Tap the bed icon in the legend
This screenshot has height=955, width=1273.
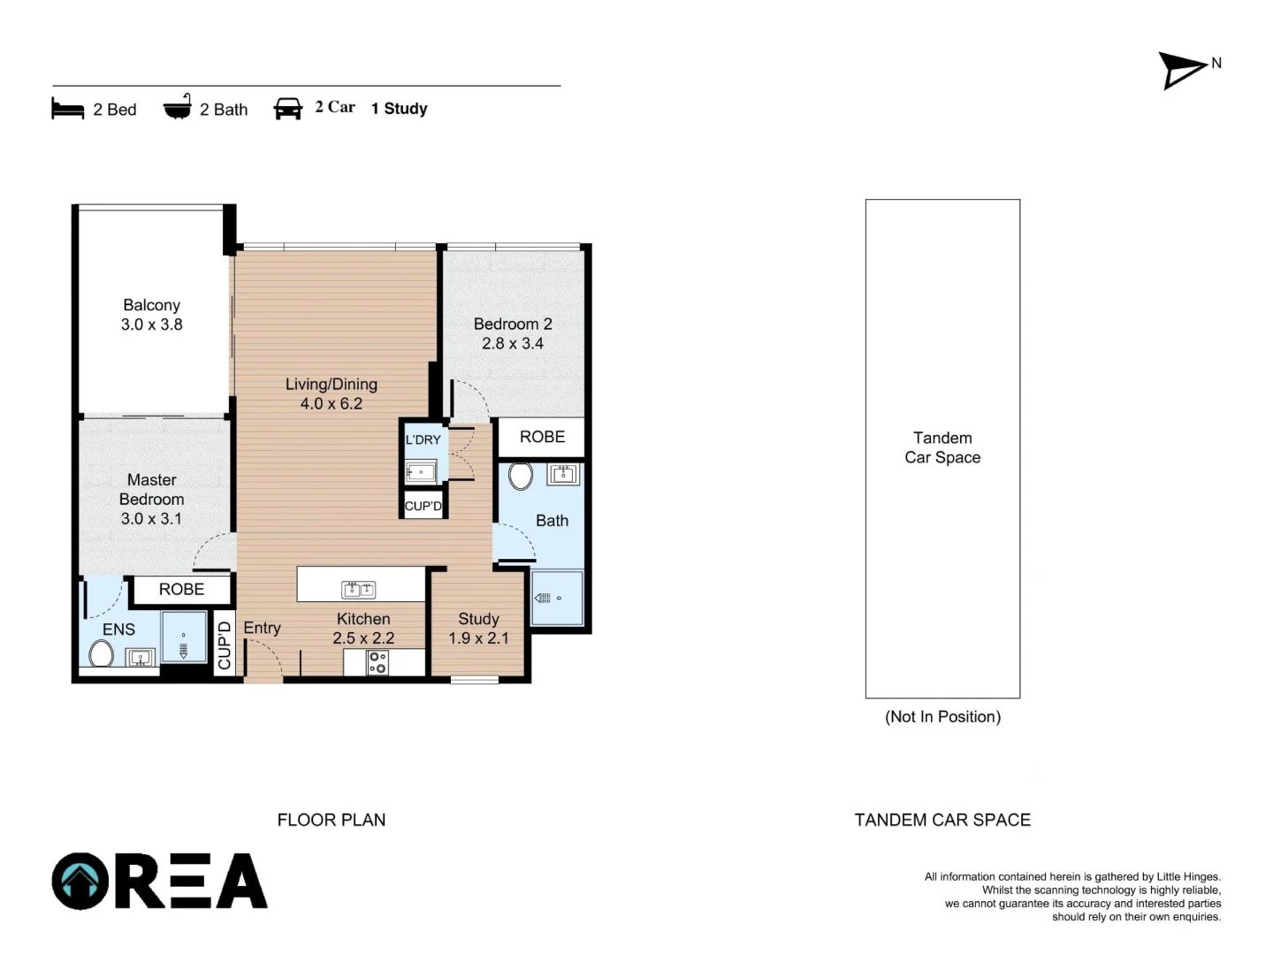(x=68, y=109)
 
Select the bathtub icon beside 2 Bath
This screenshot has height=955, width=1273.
(x=178, y=106)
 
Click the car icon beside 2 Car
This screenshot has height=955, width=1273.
(x=287, y=109)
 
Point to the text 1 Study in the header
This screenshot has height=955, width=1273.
(x=399, y=109)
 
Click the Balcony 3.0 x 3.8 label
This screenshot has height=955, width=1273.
(x=151, y=314)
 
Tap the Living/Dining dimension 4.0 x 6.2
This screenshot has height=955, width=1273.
(x=332, y=403)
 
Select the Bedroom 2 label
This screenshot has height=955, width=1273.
(x=513, y=324)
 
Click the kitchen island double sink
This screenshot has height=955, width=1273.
(x=358, y=590)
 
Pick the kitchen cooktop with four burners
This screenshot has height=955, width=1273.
(x=377, y=663)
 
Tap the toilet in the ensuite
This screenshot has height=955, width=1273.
(x=101, y=653)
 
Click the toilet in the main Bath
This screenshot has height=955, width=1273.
(x=520, y=476)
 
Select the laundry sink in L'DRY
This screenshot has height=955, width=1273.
(x=421, y=472)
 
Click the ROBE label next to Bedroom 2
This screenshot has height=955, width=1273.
(x=542, y=437)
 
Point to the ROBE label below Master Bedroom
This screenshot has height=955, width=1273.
(x=181, y=589)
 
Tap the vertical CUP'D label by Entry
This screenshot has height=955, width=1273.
(x=225, y=645)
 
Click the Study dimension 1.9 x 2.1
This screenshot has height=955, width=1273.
(x=478, y=638)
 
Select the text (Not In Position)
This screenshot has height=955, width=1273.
(x=942, y=716)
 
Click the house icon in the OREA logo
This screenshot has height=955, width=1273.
(x=80, y=881)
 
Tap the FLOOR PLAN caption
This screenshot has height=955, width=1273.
(x=332, y=820)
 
